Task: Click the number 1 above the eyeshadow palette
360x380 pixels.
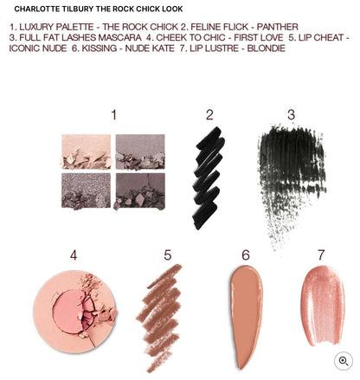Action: tap(113, 115)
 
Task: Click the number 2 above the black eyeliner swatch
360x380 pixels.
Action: tap(209, 115)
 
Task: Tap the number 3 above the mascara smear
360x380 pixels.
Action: tap(291, 115)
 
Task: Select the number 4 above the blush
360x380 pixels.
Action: tap(74, 255)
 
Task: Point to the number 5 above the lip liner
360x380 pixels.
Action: tap(168, 255)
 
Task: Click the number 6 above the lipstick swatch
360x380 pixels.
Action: tap(246, 255)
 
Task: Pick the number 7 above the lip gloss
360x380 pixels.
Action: tap(321, 255)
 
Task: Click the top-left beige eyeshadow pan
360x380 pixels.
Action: tap(86, 151)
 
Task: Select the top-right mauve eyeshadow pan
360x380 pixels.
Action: tap(140, 151)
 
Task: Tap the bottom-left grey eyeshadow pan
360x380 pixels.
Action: tap(86, 190)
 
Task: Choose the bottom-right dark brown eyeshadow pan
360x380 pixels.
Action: tap(140, 190)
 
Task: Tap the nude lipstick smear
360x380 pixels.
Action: tap(247, 316)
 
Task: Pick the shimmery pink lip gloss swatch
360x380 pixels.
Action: tap(322, 307)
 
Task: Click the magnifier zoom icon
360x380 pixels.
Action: tap(344, 362)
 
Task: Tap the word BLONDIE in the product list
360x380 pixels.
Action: tap(262, 48)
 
